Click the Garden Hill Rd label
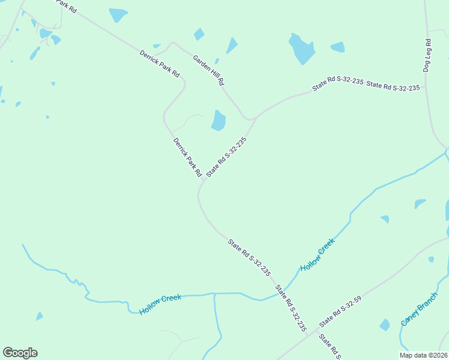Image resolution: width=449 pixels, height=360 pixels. coord(208,70)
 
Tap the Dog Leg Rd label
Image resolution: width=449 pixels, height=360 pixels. coord(427,56)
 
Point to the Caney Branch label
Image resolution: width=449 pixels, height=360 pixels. coord(420,313)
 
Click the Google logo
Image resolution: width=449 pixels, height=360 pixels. coord(20,353)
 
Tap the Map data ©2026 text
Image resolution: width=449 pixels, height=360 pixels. coord(423,355)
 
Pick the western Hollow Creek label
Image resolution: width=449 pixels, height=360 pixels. coord(160,305)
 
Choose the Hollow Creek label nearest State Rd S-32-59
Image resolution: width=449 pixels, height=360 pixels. coord(317,254)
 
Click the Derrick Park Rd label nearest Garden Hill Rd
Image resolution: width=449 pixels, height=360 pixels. coord(160,63)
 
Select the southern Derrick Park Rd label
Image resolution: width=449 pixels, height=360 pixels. coord(187,157)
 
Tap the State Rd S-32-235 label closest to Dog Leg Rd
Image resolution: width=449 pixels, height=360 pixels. coord(393,87)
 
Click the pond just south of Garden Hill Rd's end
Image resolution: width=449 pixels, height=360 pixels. coord(218,120)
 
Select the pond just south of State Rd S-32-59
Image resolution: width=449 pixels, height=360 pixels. coord(384,325)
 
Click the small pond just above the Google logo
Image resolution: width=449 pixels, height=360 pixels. coord(39,316)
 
